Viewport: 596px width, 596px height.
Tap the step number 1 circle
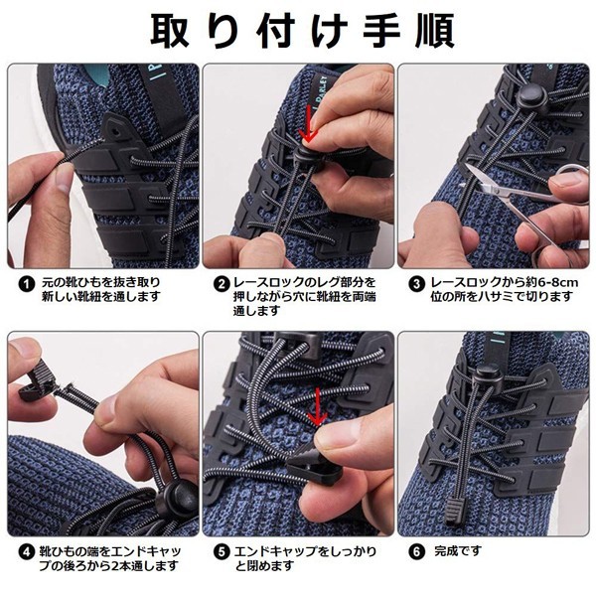(27, 283)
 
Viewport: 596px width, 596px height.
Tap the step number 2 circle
(223, 283)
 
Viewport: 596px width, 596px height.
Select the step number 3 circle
(417, 283)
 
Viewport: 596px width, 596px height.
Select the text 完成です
(459, 549)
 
